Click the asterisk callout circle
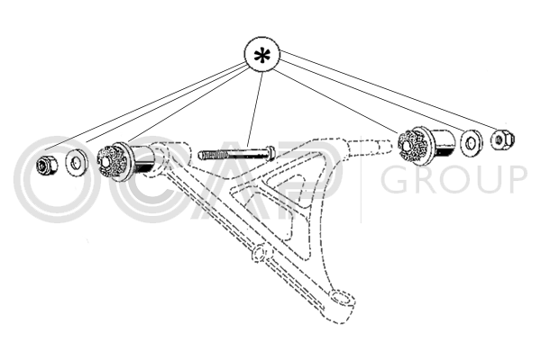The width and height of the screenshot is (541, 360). pyautogui.click(x=261, y=55)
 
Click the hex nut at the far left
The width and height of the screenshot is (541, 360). pyautogui.click(x=47, y=165)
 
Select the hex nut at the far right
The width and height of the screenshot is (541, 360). pyautogui.click(x=502, y=139)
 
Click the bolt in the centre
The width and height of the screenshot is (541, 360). pyautogui.click(x=236, y=154)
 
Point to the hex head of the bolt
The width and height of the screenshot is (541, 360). pyautogui.click(x=271, y=153)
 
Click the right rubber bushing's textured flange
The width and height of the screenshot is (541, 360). pyautogui.click(x=414, y=145)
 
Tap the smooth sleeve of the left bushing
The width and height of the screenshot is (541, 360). pyautogui.click(x=143, y=160)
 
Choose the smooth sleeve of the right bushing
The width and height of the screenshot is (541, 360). pyautogui.click(x=443, y=143)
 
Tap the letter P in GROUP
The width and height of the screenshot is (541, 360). pyautogui.click(x=516, y=179)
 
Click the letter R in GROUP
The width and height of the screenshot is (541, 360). pyautogui.click(x=425, y=179)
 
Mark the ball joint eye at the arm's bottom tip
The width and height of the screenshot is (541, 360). pyautogui.click(x=342, y=298)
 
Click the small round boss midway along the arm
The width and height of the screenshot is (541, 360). pyautogui.click(x=260, y=254)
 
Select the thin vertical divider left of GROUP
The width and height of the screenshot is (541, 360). pyautogui.click(x=362, y=179)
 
